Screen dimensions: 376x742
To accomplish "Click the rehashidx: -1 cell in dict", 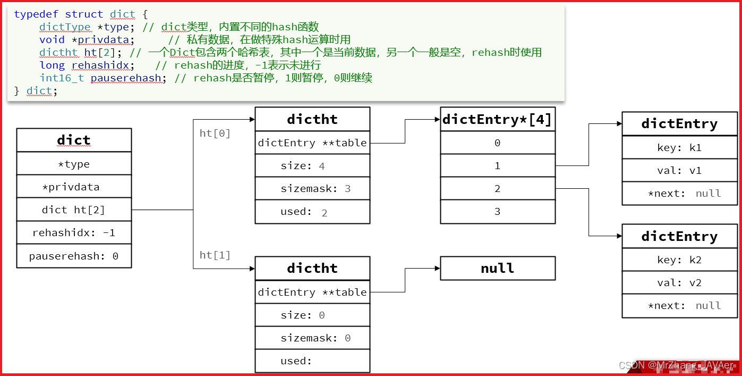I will click(x=74, y=233).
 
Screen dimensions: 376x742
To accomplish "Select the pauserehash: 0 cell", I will click(x=74, y=256).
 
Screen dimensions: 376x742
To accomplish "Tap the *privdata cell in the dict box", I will click(x=74, y=187).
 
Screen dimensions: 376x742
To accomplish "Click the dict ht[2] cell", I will click(x=74, y=210).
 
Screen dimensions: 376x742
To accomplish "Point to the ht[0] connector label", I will click(x=215, y=133).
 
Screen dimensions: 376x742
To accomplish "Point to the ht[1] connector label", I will click(x=215, y=255).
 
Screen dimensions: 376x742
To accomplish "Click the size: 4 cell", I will click(x=312, y=166).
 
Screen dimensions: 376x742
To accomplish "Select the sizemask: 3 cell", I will click(x=312, y=189).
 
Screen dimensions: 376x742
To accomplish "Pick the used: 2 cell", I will click(x=312, y=212).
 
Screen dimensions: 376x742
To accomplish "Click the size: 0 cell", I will click(x=312, y=315).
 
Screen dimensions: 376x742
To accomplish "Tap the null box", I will click(x=498, y=269).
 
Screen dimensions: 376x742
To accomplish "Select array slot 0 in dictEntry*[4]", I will click(x=498, y=143).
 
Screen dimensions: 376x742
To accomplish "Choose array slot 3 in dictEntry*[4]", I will click(x=498, y=212).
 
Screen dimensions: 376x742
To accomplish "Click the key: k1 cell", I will click(x=680, y=148).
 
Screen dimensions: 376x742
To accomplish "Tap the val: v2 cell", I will click(x=680, y=283).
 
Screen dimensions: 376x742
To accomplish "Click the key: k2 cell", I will click(x=680, y=260).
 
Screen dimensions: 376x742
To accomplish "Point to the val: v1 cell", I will click(x=680, y=171).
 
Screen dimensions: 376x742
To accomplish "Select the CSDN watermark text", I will click(x=677, y=366).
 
